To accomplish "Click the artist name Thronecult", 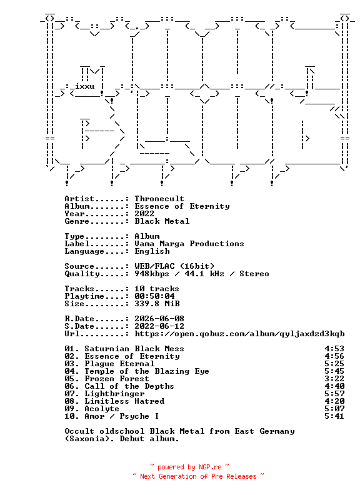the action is tap(159, 199).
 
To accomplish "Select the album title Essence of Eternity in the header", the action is tap(182, 206).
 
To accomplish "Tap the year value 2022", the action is tap(144, 214).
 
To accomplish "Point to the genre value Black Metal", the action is tap(162, 221).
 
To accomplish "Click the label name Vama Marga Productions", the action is tap(189, 244).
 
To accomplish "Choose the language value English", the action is tap(152, 251).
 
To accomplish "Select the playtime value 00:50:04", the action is tap(154, 296).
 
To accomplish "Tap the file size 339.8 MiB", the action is tap(157, 304).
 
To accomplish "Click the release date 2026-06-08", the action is tap(159, 319).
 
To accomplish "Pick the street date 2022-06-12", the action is tap(159, 326).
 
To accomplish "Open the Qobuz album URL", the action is tap(239, 334).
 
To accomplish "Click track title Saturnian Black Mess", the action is tap(134, 349).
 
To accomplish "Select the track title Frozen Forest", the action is tap(116, 379).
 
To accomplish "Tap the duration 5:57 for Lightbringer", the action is tap(334, 394).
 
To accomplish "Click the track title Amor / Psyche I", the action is tap(122, 416).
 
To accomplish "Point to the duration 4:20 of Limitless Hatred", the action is tap(334, 401).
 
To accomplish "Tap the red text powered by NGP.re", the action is tap(189, 467).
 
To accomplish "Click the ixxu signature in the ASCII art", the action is tap(84, 86).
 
